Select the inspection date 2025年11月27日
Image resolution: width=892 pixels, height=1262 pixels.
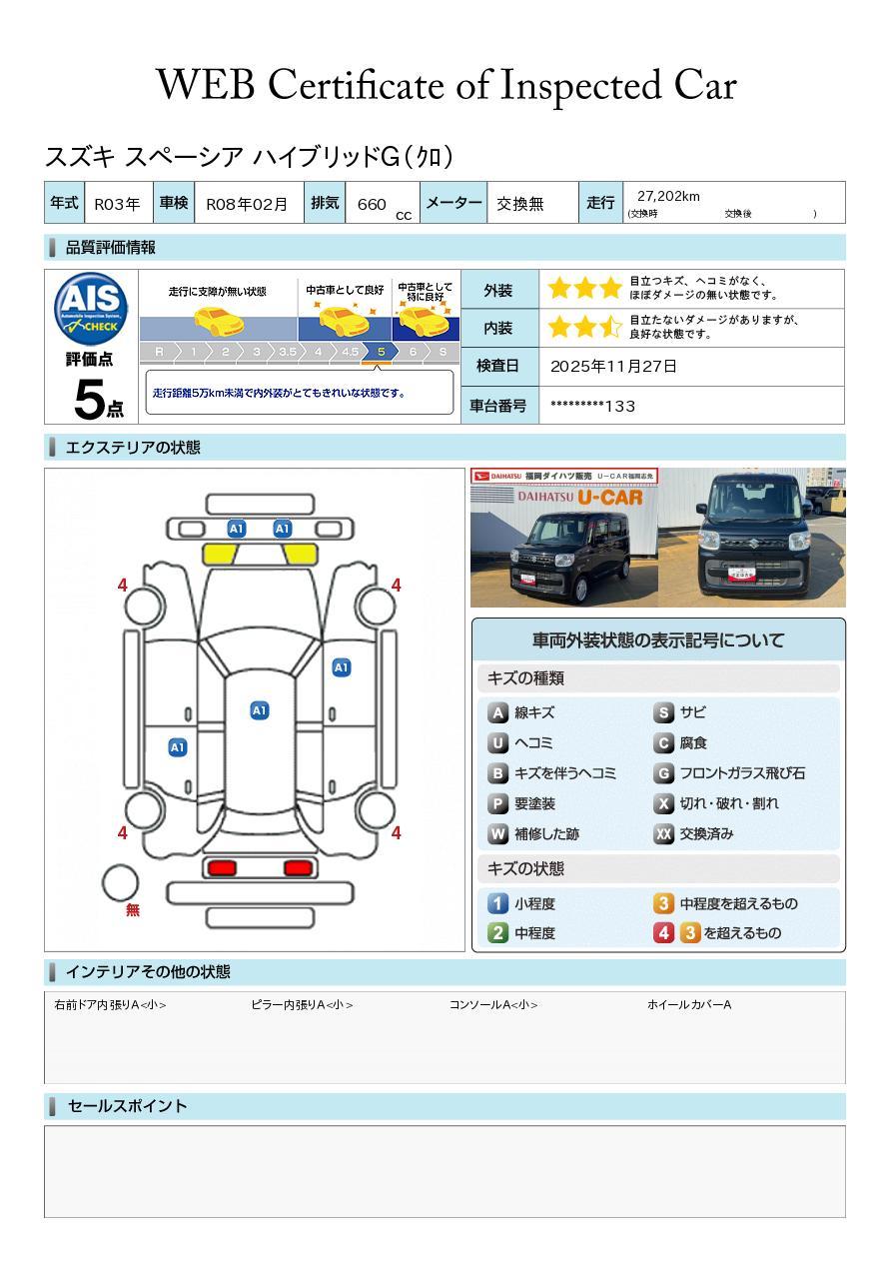tap(613, 367)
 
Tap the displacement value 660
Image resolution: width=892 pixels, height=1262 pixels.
tap(371, 204)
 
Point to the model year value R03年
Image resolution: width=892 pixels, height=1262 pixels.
tap(117, 204)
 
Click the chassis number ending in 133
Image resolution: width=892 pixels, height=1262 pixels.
tap(592, 406)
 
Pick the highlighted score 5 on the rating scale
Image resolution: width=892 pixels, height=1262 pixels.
tap(381, 352)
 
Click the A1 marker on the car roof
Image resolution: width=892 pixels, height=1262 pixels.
tap(259, 710)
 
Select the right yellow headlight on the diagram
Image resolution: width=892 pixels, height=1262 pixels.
tap(301, 554)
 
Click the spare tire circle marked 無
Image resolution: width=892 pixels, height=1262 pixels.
tap(121, 883)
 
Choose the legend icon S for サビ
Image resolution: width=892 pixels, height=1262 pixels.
tap(663, 712)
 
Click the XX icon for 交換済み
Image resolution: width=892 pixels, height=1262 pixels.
tap(663, 834)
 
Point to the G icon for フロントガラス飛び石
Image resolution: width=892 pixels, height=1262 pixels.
tap(663, 773)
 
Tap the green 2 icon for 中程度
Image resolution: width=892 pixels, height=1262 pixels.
tap(497, 933)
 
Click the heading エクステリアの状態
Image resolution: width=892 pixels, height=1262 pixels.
tap(133, 448)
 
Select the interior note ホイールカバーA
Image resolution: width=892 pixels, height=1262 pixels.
tap(688, 1005)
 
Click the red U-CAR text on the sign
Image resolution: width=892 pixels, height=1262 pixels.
tap(608, 497)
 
